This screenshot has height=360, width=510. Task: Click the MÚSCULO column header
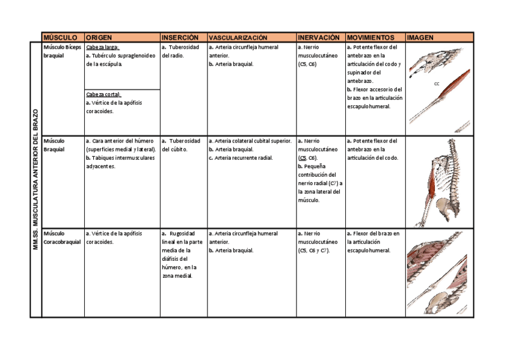point(60,37)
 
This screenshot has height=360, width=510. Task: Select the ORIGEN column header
point(99,37)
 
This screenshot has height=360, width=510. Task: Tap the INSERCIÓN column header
point(180,37)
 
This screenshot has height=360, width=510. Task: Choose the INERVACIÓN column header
point(318,37)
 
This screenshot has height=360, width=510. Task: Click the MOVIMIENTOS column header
point(370,37)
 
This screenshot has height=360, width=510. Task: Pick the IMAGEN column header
point(420,37)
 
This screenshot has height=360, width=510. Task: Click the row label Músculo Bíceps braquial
point(62,51)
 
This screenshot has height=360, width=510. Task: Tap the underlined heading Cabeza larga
point(103,47)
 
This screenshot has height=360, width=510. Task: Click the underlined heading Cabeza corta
point(103,94)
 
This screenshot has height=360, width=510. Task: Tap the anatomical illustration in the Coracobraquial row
point(439,272)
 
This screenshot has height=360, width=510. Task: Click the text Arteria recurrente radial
point(241,158)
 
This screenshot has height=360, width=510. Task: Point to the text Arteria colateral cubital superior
point(250,141)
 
